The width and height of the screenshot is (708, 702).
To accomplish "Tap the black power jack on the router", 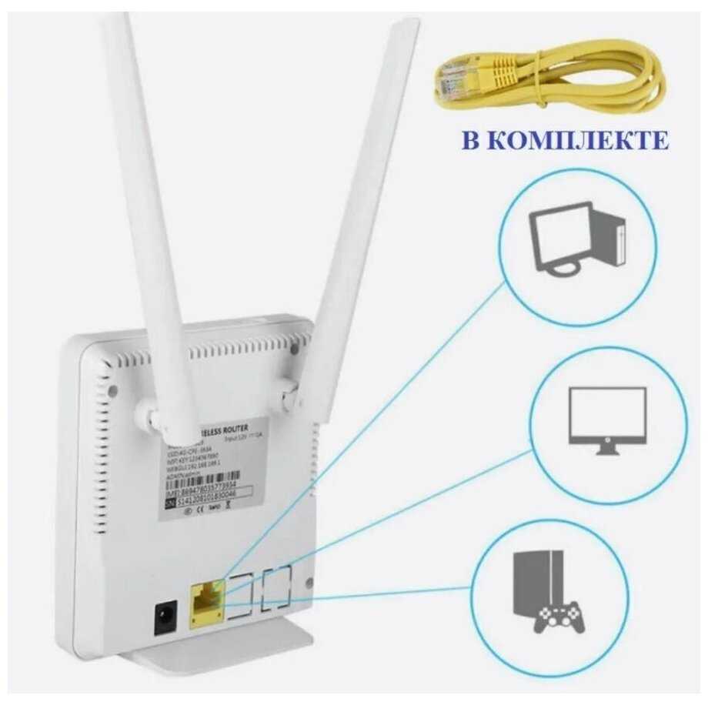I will (164, 617).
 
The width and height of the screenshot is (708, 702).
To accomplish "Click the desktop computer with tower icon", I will (577, 238).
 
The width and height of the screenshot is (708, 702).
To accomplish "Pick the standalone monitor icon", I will (606, 416).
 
